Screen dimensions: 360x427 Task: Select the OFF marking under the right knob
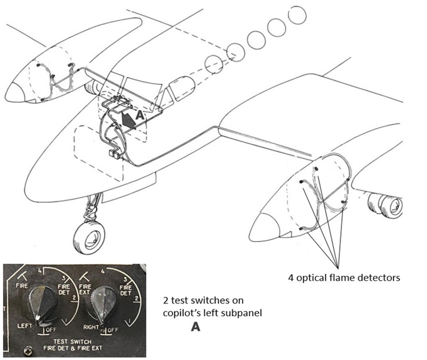point(112,330)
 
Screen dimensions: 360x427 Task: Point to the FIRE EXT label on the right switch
point(85,289)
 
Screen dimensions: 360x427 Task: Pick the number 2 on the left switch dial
point(74,298)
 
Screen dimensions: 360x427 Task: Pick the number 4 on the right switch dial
point(102,272)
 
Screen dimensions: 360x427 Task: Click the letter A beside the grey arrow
point(139,114)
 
